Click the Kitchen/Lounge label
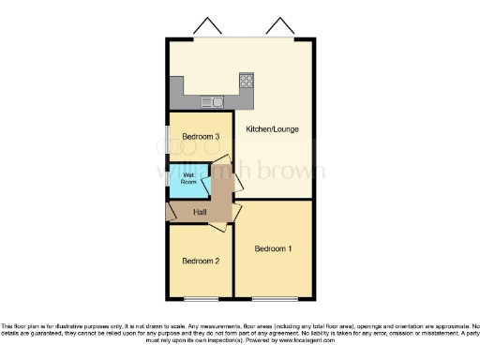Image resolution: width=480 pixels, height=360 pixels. (272, 128)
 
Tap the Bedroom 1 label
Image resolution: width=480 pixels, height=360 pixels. (273, 248)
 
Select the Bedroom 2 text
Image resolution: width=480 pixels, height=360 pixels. (201, 261)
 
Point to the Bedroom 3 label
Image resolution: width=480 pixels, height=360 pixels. (201, 137)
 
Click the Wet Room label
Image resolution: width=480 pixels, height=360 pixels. (188, 178)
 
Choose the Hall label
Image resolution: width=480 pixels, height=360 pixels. (201, 213)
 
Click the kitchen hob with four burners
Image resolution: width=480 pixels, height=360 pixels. (247, 82)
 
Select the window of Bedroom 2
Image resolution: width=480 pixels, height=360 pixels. (200, 298)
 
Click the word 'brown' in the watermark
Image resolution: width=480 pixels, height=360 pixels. (292, 171)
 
